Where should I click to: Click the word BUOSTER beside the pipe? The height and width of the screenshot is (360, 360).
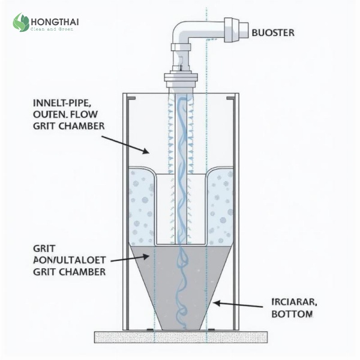pos(273,32)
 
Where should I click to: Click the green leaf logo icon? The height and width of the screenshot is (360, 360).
pos(21,23)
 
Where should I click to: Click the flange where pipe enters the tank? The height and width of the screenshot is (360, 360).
pos(181,78)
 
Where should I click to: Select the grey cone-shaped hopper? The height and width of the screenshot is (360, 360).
pos(181,282)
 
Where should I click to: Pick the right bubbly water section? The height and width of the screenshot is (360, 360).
pos(220,204)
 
